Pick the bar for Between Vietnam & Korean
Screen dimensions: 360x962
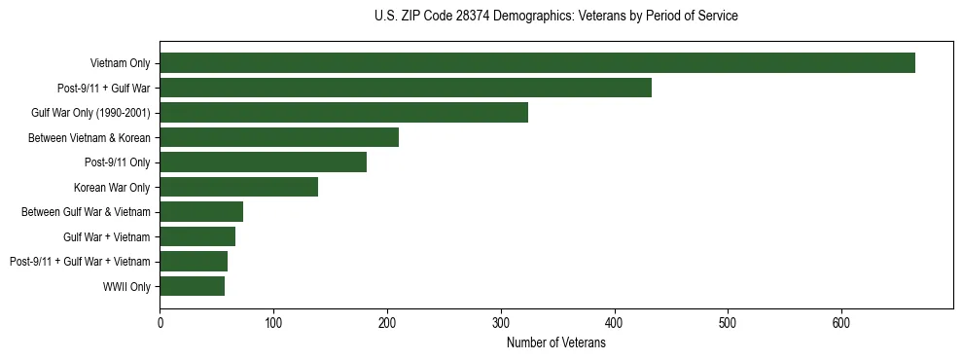pyautogui.click(x=279, y=137)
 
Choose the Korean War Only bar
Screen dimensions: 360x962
pyautogui.click(x=238, y=187)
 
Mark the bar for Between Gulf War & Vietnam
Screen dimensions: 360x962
pyautogui.click(x=201, y=211)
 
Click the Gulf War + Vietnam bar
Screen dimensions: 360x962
pyautogui.click(x=197, y=236)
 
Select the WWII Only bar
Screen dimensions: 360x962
pyautogui.click(x=192, y=286)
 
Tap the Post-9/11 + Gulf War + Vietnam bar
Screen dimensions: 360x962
pyautogui.click(x=194, y=261)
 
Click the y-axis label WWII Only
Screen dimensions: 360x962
pyautogui.click(x=126, y=286)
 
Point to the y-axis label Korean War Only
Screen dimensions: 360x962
pyautogui.click(x=112, y=187)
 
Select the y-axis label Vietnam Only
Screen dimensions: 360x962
pyautogui.click(x=121, y=63)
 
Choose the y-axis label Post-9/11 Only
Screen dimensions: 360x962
pyautogui.click(x=120, y=162)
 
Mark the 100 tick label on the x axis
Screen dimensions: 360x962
pyautogui.click(x=273, y=323)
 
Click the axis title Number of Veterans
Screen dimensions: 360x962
pyautogui.click(x=555, y=343)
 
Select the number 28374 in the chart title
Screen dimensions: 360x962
pyautogui.click(x=474, y=17)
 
